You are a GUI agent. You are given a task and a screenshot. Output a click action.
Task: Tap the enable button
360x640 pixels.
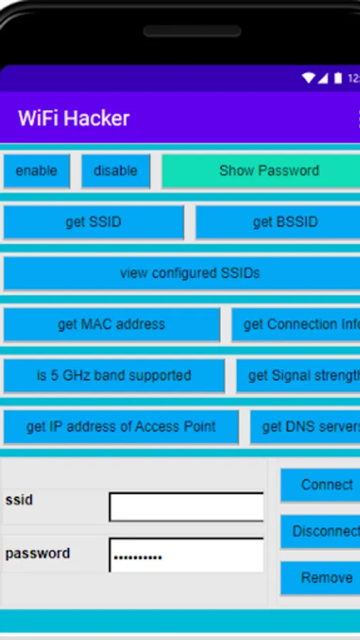(36, 171)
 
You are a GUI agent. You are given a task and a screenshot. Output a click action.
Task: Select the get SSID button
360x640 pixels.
(93, 223)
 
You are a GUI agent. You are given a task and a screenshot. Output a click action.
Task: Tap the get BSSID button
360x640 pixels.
(278, 223)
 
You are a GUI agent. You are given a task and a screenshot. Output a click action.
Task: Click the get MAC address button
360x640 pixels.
(112, 325)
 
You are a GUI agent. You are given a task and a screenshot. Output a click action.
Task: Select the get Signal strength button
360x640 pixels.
(300, 376)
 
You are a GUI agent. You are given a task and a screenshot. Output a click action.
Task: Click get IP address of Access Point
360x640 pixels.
(121, 427)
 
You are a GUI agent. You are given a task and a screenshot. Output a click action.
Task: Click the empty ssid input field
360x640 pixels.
(186, 507)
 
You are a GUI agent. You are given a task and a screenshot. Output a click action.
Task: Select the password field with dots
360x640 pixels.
(186, 555)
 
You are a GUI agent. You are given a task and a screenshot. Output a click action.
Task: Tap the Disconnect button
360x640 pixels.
(322, 532)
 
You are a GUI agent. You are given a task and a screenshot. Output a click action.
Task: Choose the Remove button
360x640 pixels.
(322, 578)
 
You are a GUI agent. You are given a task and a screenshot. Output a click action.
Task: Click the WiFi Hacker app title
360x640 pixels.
(74, 118)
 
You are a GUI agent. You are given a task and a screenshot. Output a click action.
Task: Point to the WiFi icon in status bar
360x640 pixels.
(308, 78)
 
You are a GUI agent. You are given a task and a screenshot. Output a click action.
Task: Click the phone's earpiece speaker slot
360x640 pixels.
(192, 32)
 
